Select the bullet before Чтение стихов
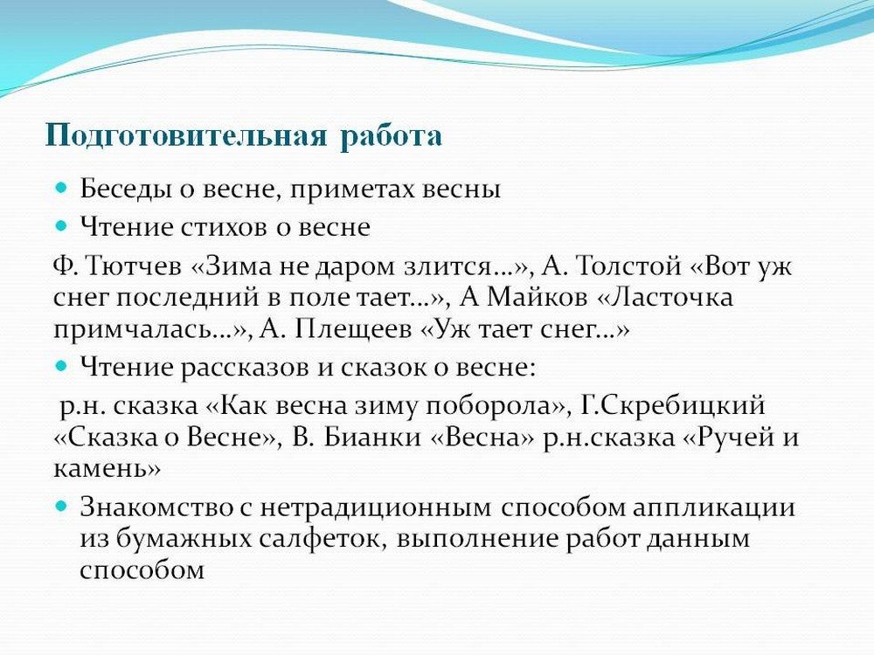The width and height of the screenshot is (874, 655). click(62, 225)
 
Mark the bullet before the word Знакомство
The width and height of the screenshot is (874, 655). click(62, 506)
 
